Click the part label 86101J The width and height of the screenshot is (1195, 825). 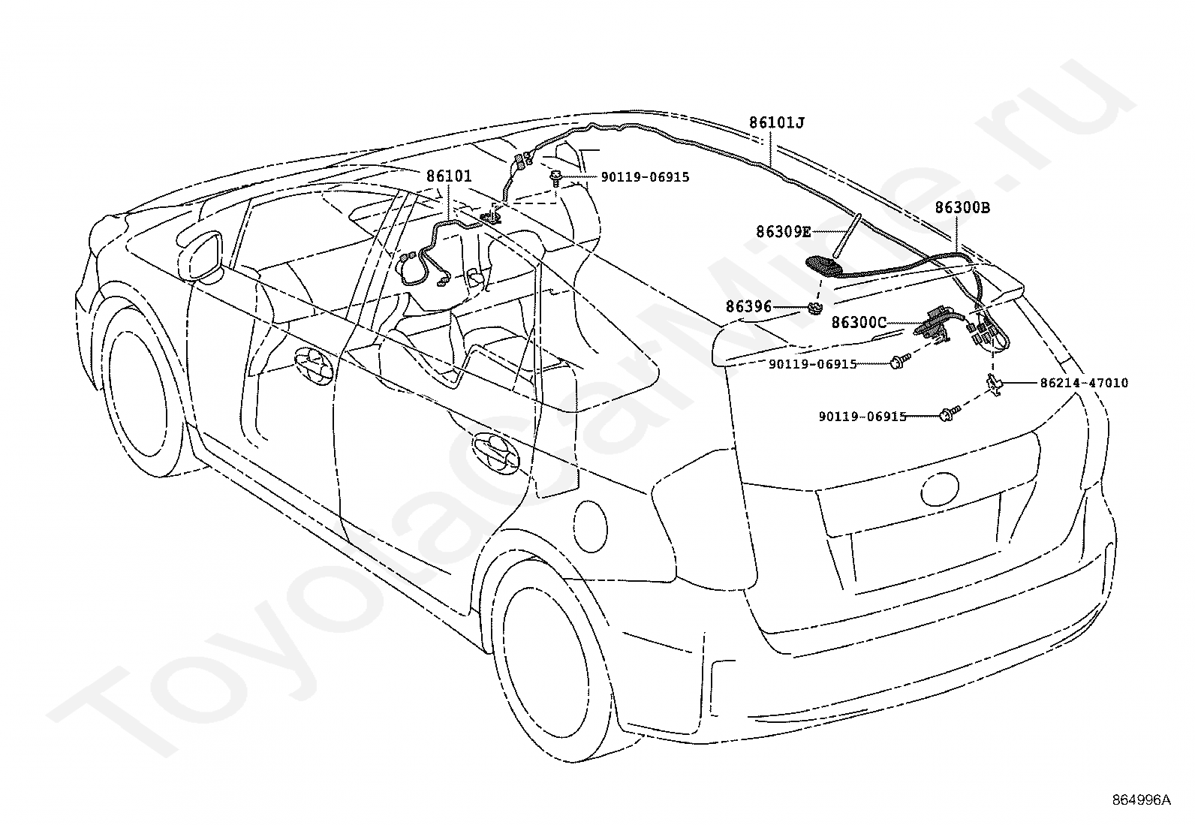tap(776, 122)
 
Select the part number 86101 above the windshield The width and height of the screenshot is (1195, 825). tap(449, 176)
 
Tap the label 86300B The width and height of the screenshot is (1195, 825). tap(962, 208)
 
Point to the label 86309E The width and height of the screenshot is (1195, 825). tap(783, 232)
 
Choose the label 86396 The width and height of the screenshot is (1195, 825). tap(748, 306)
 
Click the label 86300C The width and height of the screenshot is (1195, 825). tap(859, 322)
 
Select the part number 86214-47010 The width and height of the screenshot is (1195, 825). tap(1084, 383)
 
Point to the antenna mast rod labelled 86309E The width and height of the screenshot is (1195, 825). tap(845, 236)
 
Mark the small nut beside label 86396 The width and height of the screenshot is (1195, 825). tap(814, 308)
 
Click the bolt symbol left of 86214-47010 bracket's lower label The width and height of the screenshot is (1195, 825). tap(949, 413)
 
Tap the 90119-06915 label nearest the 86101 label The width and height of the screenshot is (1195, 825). tap(645, 176)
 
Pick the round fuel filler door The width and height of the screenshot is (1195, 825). tap(590, 527)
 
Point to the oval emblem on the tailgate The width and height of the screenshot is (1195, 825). tap(940, 489)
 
